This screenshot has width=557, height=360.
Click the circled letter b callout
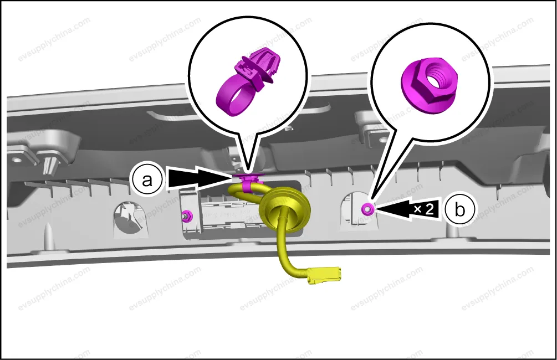(460, 209)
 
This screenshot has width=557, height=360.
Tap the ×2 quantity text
(424, 209)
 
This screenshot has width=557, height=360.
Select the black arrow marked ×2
(408, 209)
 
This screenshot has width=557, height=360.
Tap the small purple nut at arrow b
(367, 209)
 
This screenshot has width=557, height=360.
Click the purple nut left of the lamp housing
(186, 215)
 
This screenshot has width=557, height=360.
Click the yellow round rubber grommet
(285, 212)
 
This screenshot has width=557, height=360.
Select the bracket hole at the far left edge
(16, 159)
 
